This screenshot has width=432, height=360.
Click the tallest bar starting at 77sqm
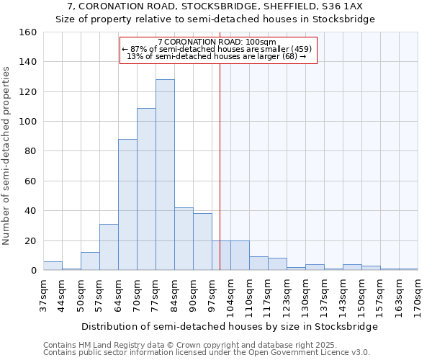[165, 175]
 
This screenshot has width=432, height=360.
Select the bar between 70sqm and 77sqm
[146, 189]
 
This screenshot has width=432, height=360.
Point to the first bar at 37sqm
[53, 266]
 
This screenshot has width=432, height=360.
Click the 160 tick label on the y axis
[28, 32]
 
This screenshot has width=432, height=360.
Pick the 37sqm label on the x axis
[43, 294]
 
